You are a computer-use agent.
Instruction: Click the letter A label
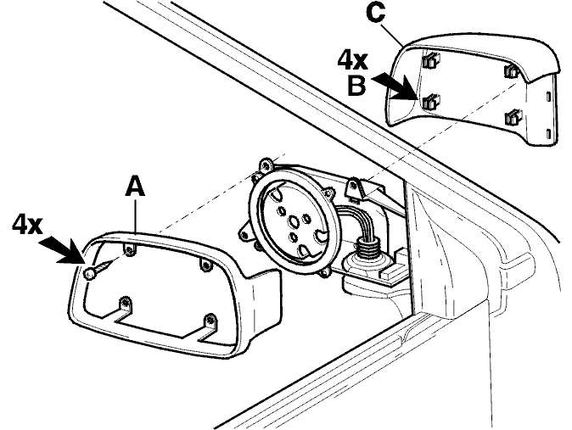tap(135, 186)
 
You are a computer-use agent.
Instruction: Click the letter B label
tap(356, 86)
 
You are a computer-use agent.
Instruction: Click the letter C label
tap(375, 13)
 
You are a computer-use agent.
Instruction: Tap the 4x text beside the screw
tap(27, 224)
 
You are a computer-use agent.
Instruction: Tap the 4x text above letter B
tap(351, 60)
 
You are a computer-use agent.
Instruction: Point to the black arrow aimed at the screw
tap(61, 249)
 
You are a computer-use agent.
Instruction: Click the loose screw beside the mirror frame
tap(96, 270)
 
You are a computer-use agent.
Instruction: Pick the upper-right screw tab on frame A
tap(206, 265)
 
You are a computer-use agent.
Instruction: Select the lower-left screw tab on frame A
tap(125, 304)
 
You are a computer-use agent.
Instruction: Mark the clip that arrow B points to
tap(430, 101)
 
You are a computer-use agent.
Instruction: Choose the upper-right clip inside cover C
tap(512, 70)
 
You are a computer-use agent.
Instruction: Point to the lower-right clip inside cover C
tap(513, 117)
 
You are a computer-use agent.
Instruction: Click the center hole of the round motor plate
tap(294, 221)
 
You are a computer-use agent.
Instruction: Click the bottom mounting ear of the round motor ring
tap(324, 273)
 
